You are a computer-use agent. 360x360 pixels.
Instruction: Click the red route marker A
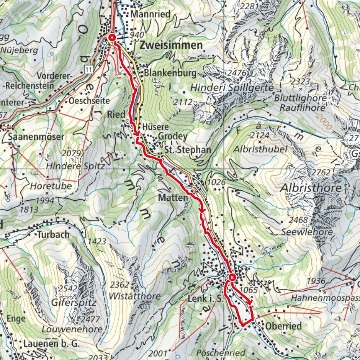point(112,38)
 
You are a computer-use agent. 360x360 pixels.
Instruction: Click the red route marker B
point(232,277)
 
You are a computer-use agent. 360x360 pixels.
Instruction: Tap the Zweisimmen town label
point(171,45)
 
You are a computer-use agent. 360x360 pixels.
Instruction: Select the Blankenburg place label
point(170,73)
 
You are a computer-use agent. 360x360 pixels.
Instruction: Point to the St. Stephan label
point(188,150)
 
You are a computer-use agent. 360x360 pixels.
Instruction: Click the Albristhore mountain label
point(311,188)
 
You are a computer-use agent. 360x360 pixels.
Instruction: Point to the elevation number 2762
point(321,173)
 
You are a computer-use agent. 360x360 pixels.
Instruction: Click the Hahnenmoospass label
point(326,298)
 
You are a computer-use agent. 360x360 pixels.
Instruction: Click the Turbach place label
point(53,234)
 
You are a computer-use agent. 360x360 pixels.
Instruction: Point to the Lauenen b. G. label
point(51,344)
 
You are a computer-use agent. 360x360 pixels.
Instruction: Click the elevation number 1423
point(97,242)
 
